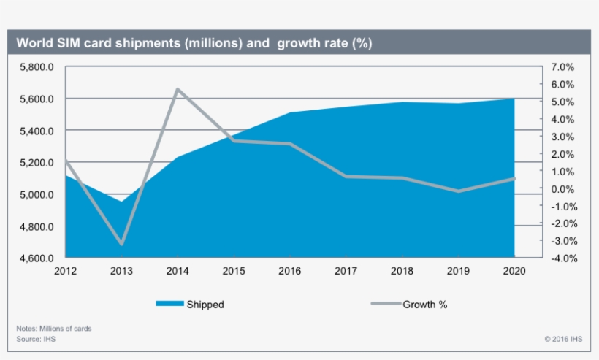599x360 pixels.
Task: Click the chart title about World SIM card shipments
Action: (194, 43)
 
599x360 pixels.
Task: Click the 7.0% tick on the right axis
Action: (562, 66)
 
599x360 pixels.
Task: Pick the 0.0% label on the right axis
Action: (562, 189)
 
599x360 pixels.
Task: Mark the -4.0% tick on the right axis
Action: (562, 258)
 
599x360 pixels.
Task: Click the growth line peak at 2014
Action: (178, 89)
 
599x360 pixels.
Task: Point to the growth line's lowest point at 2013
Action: (121, 244)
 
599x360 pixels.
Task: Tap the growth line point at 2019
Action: (458, 191)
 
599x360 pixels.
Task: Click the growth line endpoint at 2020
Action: (514, 178)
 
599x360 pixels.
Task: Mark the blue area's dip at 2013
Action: (121, 202)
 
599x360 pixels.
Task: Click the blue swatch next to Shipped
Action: (169, 305)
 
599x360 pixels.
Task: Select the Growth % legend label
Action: (424, 305)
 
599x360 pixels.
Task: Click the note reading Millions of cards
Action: (54, 329)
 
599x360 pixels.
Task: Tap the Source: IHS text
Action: (36, 340)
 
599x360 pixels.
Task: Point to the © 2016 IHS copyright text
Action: (562, 340)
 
